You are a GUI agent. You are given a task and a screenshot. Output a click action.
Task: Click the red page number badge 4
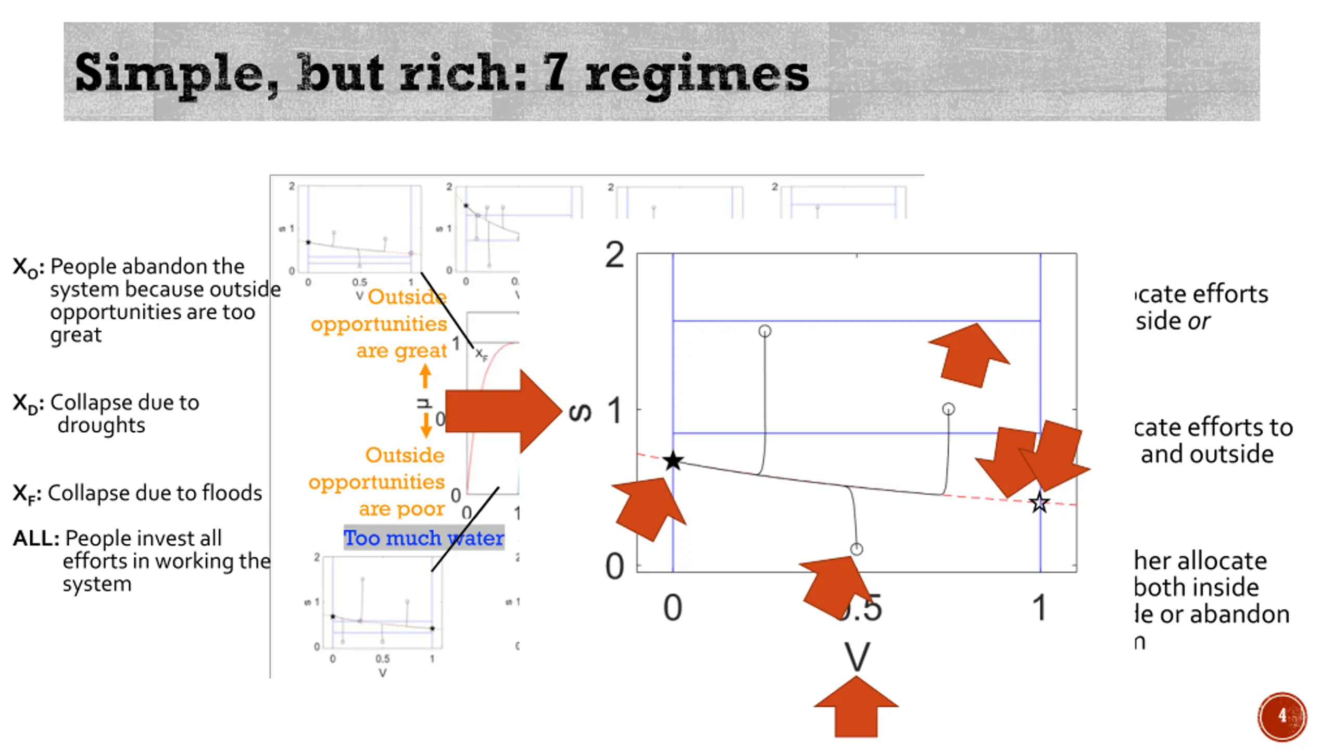tap(1282, 716)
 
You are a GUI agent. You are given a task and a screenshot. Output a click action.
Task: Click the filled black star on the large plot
tap(673, 461)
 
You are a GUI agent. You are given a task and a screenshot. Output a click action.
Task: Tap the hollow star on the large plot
tap(1039, 503)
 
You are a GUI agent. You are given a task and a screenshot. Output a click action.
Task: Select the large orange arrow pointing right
tap(502, 411)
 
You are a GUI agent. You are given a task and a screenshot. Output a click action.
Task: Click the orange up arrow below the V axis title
tap(856, 707)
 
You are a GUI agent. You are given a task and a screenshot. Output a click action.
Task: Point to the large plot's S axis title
tap(580, 413)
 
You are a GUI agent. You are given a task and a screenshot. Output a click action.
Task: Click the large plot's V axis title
tap(857, 657)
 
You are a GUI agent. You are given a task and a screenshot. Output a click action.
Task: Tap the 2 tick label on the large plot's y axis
tap(614, 256)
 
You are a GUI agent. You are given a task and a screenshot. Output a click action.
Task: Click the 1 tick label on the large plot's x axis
tap(1039, 608)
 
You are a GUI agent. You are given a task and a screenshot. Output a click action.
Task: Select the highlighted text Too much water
tap(424, 538)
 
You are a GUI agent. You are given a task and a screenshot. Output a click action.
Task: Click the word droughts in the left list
tap(102, 425)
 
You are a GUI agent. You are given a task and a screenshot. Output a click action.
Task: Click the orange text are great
tap(401, 351)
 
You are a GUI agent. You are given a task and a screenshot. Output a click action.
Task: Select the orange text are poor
tap(401, 508)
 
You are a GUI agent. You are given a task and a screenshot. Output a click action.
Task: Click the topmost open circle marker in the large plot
tap(764, 331)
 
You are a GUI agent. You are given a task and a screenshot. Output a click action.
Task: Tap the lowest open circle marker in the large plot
tap(857, 549)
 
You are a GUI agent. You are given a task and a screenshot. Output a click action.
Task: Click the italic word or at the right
tap(1199, 321)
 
